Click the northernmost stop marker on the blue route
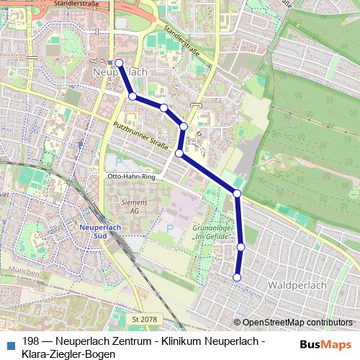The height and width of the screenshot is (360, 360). pos(119,63)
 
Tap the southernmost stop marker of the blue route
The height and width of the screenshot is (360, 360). pos(237,277)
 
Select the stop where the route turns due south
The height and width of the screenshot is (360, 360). pos(237,193)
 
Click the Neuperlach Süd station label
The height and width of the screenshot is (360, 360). pos(96,231)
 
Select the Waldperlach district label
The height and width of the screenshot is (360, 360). pos(297,285)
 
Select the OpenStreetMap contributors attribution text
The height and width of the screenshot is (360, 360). pos(297,323)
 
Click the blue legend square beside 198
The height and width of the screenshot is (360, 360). pos(10,341)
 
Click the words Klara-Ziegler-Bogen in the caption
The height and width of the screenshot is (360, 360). pos(69,354)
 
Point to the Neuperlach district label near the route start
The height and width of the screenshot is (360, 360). pos(121,73)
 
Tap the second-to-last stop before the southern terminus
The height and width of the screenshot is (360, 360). pos(240,247)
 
